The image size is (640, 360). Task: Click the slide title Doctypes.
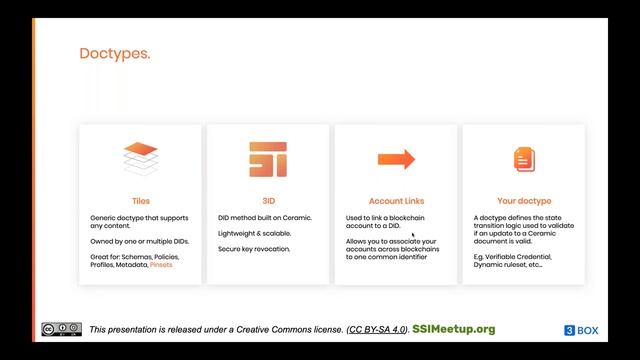[x=115, y=54]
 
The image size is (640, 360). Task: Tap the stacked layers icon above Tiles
[x=141, y=159]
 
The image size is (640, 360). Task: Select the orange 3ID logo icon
[x=268, y=159]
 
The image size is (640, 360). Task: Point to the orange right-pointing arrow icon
[x=396, y=159]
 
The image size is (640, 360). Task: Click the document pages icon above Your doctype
[x=524, y=159]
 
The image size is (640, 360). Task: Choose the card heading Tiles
[x=141, y=200]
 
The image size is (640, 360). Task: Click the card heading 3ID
[x=268, y=200]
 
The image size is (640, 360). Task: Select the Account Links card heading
[x=396, y=200]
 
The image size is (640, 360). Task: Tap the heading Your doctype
[x=524, y=200]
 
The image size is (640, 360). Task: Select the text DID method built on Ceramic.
[x=265, y=217]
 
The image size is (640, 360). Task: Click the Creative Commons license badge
[x=61, y=330]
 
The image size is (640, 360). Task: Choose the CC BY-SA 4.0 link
[x=377, y=330]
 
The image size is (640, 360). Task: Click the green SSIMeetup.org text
[x=453, y=329]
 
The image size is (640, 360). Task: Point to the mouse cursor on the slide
[x=413, y=236]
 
